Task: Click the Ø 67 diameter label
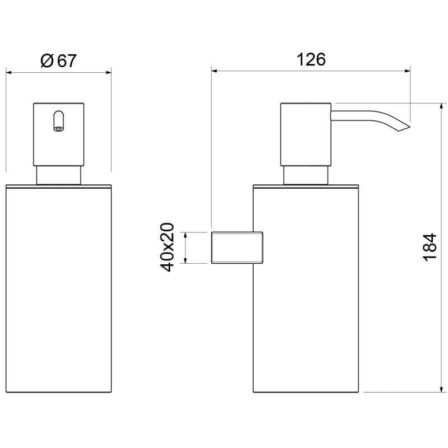pos(59,60)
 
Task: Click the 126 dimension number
pos(311,59)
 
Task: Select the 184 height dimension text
pos(430,247)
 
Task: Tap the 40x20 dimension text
pos(167,248)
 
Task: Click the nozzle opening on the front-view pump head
pos(59,129)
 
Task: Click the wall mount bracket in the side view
pos(237,248)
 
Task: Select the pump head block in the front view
pos(59,134)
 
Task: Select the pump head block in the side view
pos(305,134)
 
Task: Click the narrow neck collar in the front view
pos(59,175)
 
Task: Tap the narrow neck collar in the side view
pos(306,175)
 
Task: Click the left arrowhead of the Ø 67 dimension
pos(8,72)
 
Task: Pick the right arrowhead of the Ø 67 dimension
pos(109,72)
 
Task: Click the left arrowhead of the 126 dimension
pos(214,71)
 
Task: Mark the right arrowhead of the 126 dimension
pos(408,71)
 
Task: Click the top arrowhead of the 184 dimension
pos(441,106)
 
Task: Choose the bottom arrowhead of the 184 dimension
pos(441,389)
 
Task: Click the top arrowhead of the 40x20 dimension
pos(185,235)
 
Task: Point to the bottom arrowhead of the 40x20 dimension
pos(185,260)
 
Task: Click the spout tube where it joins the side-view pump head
pos(332,116)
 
